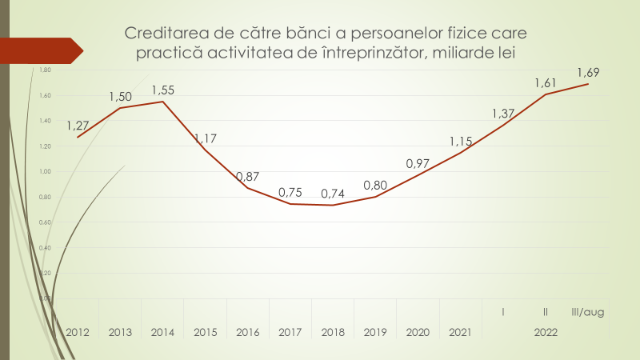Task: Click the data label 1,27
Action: point(78,126)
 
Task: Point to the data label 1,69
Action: point(588,72)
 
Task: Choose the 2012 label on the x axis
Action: point(78,332)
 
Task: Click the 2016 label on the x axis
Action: point(248,332)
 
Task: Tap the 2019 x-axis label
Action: point(375,332)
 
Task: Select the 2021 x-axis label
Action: point(460,332)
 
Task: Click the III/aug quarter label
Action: point(588,312)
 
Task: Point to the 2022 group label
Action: point(546,332)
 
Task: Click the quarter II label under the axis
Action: point(546,312)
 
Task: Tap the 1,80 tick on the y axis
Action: point(45,70)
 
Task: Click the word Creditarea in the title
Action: point(161,34)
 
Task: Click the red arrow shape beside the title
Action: point(40,50)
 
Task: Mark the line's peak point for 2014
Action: point(162,102)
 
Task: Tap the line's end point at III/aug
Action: point(588,84)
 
